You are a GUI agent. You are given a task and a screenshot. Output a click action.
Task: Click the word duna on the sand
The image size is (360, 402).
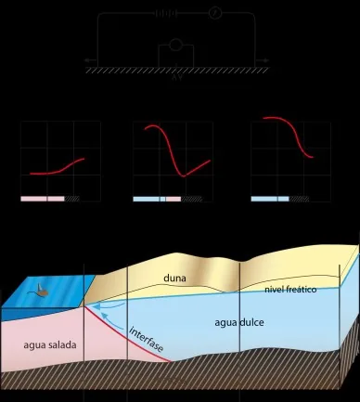(174, 278)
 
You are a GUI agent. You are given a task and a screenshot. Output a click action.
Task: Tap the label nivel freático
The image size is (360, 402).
(290, 290)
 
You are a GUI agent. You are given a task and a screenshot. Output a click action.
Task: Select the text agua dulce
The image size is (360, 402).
(239, 322)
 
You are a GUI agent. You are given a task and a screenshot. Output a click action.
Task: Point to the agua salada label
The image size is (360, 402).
(50, 344)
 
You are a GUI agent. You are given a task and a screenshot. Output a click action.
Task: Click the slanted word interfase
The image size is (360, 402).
(146, 339)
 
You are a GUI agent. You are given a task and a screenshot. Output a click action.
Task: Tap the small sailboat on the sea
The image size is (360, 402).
(41, 291)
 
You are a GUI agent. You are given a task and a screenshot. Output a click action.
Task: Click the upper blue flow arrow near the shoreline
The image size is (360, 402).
(109, 307)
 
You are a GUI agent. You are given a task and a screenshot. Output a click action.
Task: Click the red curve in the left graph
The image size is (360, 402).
(58, 169)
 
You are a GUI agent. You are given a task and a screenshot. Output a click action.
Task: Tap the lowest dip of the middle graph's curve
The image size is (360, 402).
(184, 176)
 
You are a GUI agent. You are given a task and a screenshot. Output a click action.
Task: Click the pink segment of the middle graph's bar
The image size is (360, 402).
(174, 200)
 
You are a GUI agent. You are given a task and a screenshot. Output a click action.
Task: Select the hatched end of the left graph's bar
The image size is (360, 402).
(71, 199)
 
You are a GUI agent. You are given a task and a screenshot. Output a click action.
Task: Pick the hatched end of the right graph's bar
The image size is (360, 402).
(299, 199)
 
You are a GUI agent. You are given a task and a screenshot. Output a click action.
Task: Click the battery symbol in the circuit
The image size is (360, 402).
(166, 14)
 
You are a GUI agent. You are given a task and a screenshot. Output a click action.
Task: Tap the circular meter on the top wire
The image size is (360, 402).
(215, 13)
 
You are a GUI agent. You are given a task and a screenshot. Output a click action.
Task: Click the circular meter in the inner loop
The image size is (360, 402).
(176, 45)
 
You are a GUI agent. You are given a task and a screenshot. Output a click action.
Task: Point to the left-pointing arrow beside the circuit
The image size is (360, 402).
(90, 60)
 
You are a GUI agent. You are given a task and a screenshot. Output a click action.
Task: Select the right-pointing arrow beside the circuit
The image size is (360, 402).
(263, 60)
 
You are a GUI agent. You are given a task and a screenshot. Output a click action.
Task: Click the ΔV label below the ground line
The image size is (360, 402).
(176, 78)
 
